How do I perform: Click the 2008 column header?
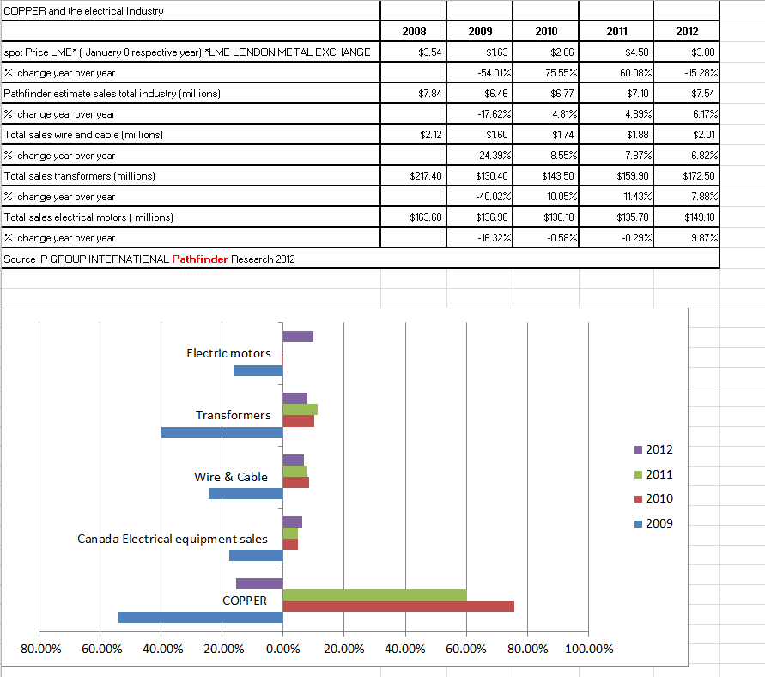tap(414, 32)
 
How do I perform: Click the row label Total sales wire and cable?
tap(84, 135)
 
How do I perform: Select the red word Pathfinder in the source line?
tap(200, 259)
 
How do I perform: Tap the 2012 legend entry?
tap(659, 449)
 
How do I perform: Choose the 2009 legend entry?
tap(659, 523)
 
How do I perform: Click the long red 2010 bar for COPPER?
tap(398, 606)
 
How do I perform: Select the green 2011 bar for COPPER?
tap(374, 595)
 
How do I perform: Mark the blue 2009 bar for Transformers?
tap(222, 432)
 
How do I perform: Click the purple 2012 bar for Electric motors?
tap(298, 336)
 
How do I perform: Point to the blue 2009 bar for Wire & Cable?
tap(246, 494)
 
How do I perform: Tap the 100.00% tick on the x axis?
tap(590, 649)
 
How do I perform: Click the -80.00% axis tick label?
tap(39, 649)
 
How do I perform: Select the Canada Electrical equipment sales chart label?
tap(172, 539)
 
